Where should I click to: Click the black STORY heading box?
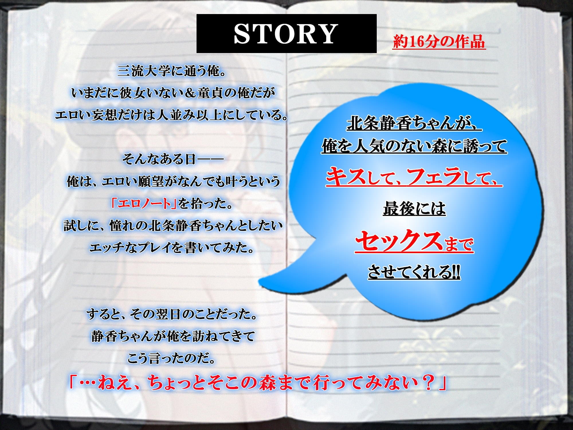tap(286, 34)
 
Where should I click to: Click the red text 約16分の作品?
tap(439, 42)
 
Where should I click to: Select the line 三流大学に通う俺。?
tap(172, 71)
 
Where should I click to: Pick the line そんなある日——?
tap(173, 159)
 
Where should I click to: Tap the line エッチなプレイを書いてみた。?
tap(172, 247)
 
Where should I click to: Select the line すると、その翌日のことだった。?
tap(172, 314)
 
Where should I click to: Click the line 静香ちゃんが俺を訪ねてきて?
tap(173, 336)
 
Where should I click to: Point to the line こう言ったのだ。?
tap(171, 358)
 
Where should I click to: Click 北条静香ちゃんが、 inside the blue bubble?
tap(414, 124)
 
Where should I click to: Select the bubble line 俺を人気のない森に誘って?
tap(414, 146)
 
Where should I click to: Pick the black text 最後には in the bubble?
tap(414, 208)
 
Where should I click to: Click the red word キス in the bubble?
tap(346, 177)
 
